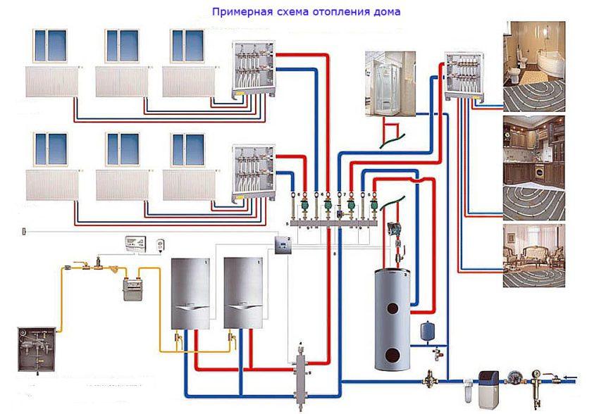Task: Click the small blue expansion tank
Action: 426,329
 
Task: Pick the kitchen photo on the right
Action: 533,158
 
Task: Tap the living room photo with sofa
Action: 533,255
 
